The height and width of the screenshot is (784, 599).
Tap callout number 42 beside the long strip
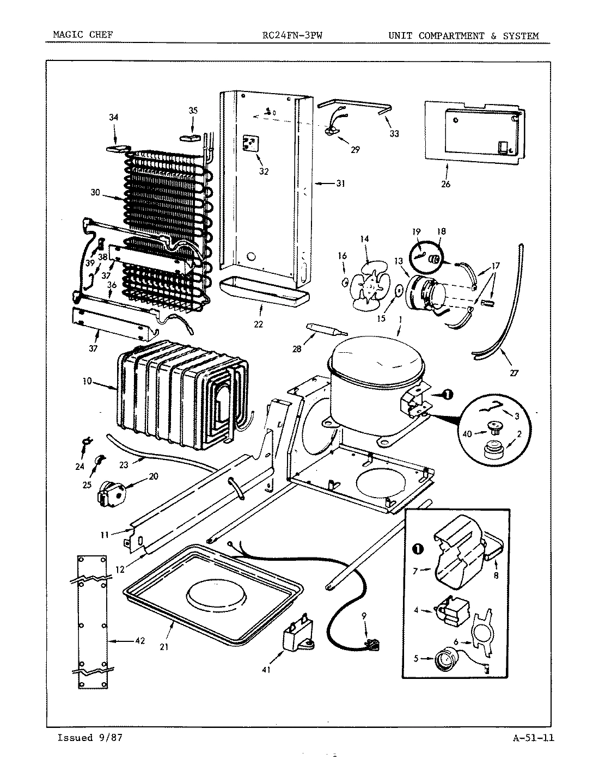pyautogui.click(x=139, y=641)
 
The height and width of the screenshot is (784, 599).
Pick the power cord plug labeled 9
pyautogui.click(x=371, y=646)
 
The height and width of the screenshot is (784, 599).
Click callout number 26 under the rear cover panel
pyautogui.click(x=445, y=184)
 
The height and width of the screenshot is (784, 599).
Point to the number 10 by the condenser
pyautogui.click(x=87, y=381)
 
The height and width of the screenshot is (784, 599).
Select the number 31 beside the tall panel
pyautogui.click(x=340, y=183)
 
